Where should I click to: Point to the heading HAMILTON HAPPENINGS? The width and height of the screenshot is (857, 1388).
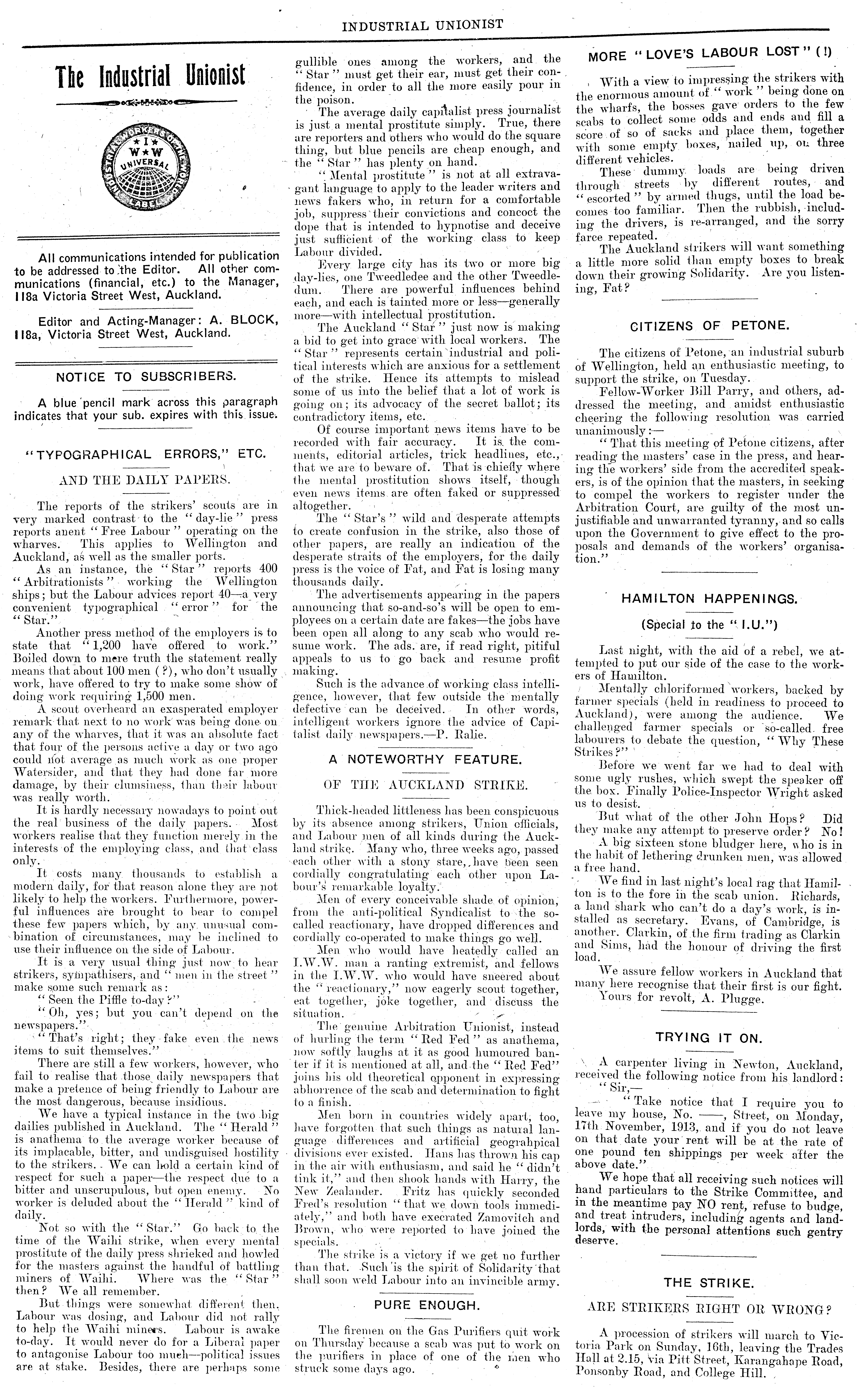point(709,599)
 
